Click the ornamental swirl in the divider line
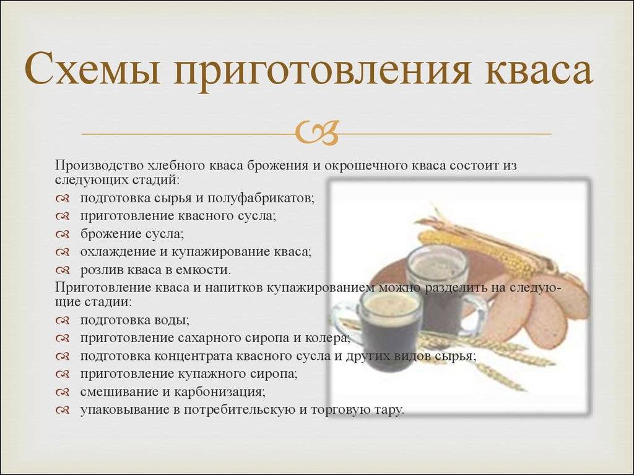[x=317, y=133]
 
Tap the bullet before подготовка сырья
[x=63, y=199]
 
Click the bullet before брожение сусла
[x=63, y=234]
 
